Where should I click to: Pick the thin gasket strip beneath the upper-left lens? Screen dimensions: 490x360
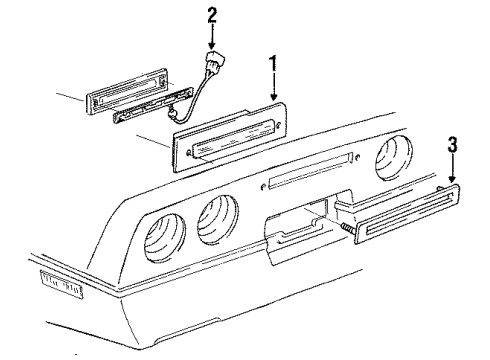pyautogui.click(x=150, y=114)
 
